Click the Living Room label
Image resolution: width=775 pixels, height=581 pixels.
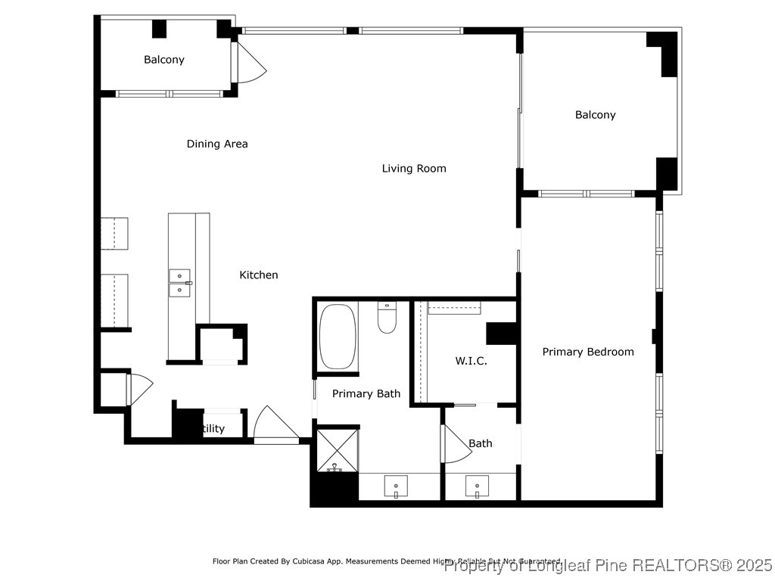coord(413,169)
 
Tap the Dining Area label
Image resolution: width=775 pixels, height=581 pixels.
coord(217,144)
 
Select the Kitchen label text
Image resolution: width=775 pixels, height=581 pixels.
coord(259,275)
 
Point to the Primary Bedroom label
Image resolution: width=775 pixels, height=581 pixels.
coord(588,352)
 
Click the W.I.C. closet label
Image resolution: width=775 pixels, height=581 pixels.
coord(471,361)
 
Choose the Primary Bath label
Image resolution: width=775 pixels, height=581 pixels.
coord(366,393)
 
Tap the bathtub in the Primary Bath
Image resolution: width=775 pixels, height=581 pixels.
coord(338,336)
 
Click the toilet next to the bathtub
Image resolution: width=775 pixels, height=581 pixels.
coord(387,318)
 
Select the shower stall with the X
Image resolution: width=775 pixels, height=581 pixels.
coord(336,451)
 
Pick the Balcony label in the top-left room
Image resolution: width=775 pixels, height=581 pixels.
coord(164,60)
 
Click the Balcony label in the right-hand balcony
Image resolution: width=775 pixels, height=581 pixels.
coord(595,115)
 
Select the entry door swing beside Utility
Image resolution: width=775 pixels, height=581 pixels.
coord(274,424)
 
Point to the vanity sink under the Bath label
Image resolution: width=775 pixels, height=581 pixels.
coord(477,485)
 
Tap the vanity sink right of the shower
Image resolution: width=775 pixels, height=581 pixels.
coord(396,485)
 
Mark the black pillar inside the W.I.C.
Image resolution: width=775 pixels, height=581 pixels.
coord(500,334)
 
